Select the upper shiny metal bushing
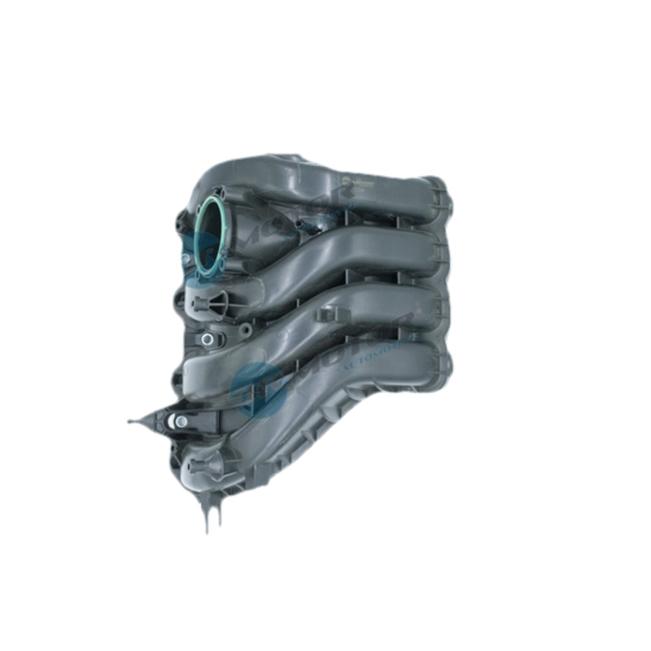coord(208,339)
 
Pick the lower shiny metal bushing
coord(181,421)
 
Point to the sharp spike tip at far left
coord(130,422)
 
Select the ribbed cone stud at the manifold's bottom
coord(199,469)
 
